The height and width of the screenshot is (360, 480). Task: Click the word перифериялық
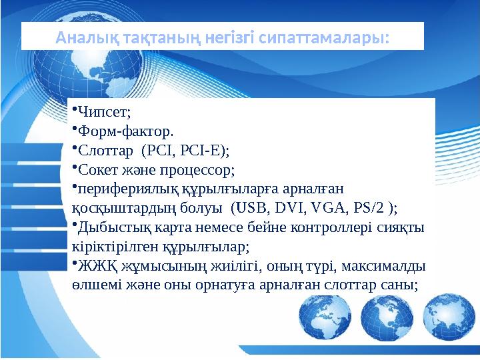(x=116, y=189)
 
